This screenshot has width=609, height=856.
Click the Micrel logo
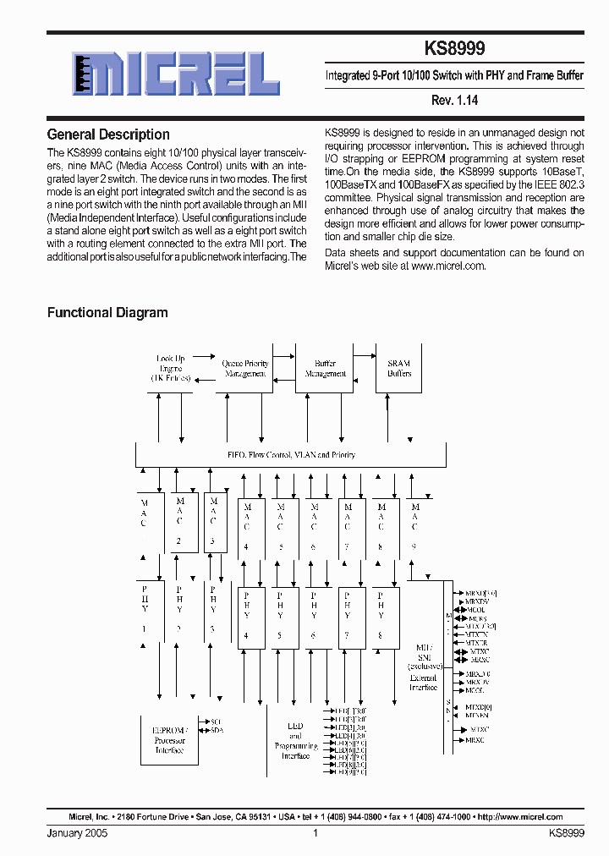click(176, 74)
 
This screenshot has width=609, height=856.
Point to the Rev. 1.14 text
click(454, 100)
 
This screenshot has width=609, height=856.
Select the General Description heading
click(108, 134)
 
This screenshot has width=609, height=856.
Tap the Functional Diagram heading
click(107, 312)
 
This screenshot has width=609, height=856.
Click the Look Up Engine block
click(171, 369)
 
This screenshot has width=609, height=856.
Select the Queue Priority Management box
click(245, 369)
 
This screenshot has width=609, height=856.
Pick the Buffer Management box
click(325, 369)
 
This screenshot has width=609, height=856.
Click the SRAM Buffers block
click(399, 369)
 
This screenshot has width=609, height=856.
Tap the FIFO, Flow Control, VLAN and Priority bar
click(291, 455)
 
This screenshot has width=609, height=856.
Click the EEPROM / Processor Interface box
click(169, 740)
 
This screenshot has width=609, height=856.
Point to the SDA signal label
click(217, 730)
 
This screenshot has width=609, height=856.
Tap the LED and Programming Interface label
click(296, 742)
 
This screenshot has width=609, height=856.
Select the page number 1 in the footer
click(315, 833)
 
